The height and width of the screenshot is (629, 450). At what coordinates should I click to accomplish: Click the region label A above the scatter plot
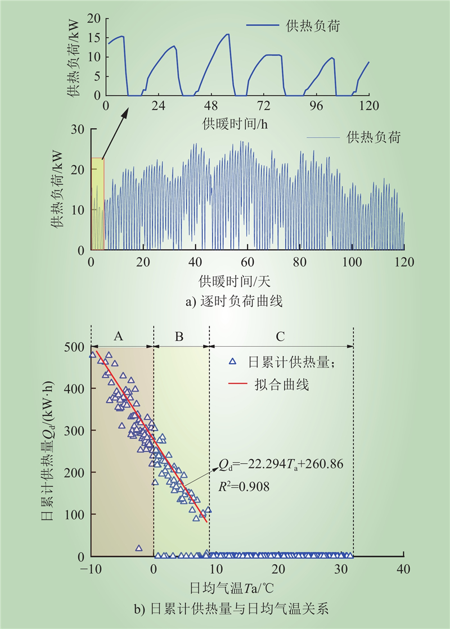118,336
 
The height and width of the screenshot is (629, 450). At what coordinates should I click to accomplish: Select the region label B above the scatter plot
179,336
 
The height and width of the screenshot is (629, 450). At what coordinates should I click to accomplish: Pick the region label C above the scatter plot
280,336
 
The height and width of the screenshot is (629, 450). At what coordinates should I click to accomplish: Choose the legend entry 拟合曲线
285,385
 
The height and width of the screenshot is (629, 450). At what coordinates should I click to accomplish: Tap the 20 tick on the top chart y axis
93,19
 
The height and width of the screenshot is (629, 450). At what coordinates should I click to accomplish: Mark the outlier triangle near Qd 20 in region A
138,548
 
